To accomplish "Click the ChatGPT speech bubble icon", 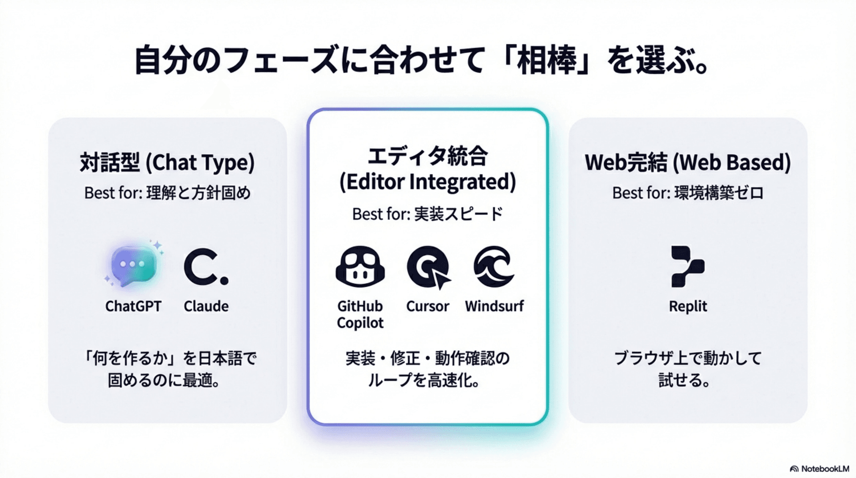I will (x=133, y=266).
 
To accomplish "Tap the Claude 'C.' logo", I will (x=206, y=267).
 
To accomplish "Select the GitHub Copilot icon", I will (x=360, y=266).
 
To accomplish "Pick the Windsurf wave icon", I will (x=494, y=266).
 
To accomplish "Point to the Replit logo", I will (x=687, y=266).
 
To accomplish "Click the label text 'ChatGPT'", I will (x=133, y=306).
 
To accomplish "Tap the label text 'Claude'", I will (x=206, y=306).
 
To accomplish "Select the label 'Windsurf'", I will (x=494, y=306).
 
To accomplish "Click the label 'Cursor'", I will (x=428, y=306).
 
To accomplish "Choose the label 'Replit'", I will (x=687, y=306).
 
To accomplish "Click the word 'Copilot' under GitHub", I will (x=360, y=323).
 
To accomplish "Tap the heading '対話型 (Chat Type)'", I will (x=167, y=162).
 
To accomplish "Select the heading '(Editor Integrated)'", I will (x=428, y=182).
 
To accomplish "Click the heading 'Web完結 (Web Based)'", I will (x=687, y=162).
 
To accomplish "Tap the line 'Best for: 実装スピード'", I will (x=428, y=214).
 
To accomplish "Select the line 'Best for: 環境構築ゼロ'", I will (x=687, y=193).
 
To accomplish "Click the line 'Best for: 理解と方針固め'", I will (x=167, y=193).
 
